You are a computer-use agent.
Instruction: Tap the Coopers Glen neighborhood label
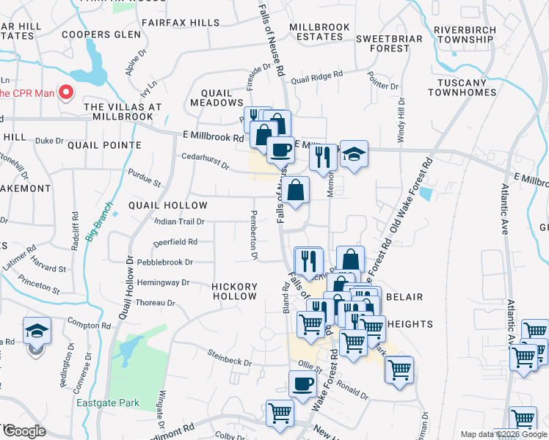click(x=101, y=34)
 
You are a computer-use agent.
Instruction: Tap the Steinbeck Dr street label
click(x=229, y=362)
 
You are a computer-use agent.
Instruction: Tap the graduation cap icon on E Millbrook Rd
click(x=354, y=154)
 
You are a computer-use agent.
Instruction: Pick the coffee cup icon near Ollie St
click(x=302, y=384)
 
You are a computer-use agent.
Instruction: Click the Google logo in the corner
click(x=24, y=431)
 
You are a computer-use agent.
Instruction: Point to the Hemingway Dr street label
click(x=163, y=282)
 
